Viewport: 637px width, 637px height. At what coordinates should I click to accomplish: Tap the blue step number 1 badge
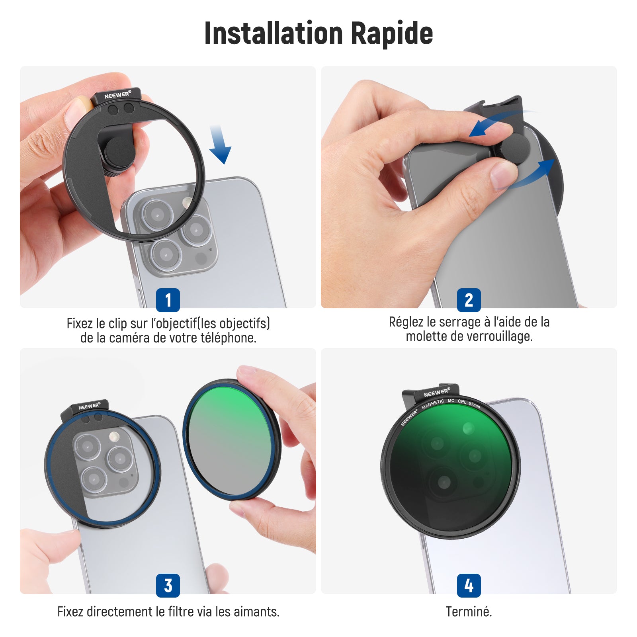[x=168, y=300]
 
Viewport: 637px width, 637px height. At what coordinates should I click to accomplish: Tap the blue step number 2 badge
[x=469, y=300]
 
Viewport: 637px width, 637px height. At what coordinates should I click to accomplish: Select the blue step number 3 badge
[x=168, y=585]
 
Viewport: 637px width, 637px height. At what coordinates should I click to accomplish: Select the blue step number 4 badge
[x=469, y=585]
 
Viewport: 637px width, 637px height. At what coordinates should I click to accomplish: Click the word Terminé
[x=469, y=612]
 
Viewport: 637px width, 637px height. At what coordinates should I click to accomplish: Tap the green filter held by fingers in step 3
[x=232, y=440]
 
